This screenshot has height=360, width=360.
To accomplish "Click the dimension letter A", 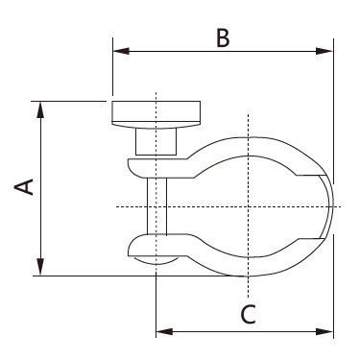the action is point(24,187).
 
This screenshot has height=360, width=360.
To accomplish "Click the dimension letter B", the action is point(223,37).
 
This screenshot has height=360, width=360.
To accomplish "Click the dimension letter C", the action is point(249,314).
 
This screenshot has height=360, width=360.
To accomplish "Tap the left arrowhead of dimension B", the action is point(121,51).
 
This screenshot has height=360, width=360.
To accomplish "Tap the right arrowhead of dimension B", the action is point(324,51).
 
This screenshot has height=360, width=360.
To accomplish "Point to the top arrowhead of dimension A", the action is point(40,109).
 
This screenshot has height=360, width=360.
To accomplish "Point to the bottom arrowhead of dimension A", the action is point(40,267).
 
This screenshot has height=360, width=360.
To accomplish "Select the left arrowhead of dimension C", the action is point(164,331).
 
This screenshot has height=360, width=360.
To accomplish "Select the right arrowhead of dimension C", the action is point(324,331).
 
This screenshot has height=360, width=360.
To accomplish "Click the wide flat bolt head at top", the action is point(156,114).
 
